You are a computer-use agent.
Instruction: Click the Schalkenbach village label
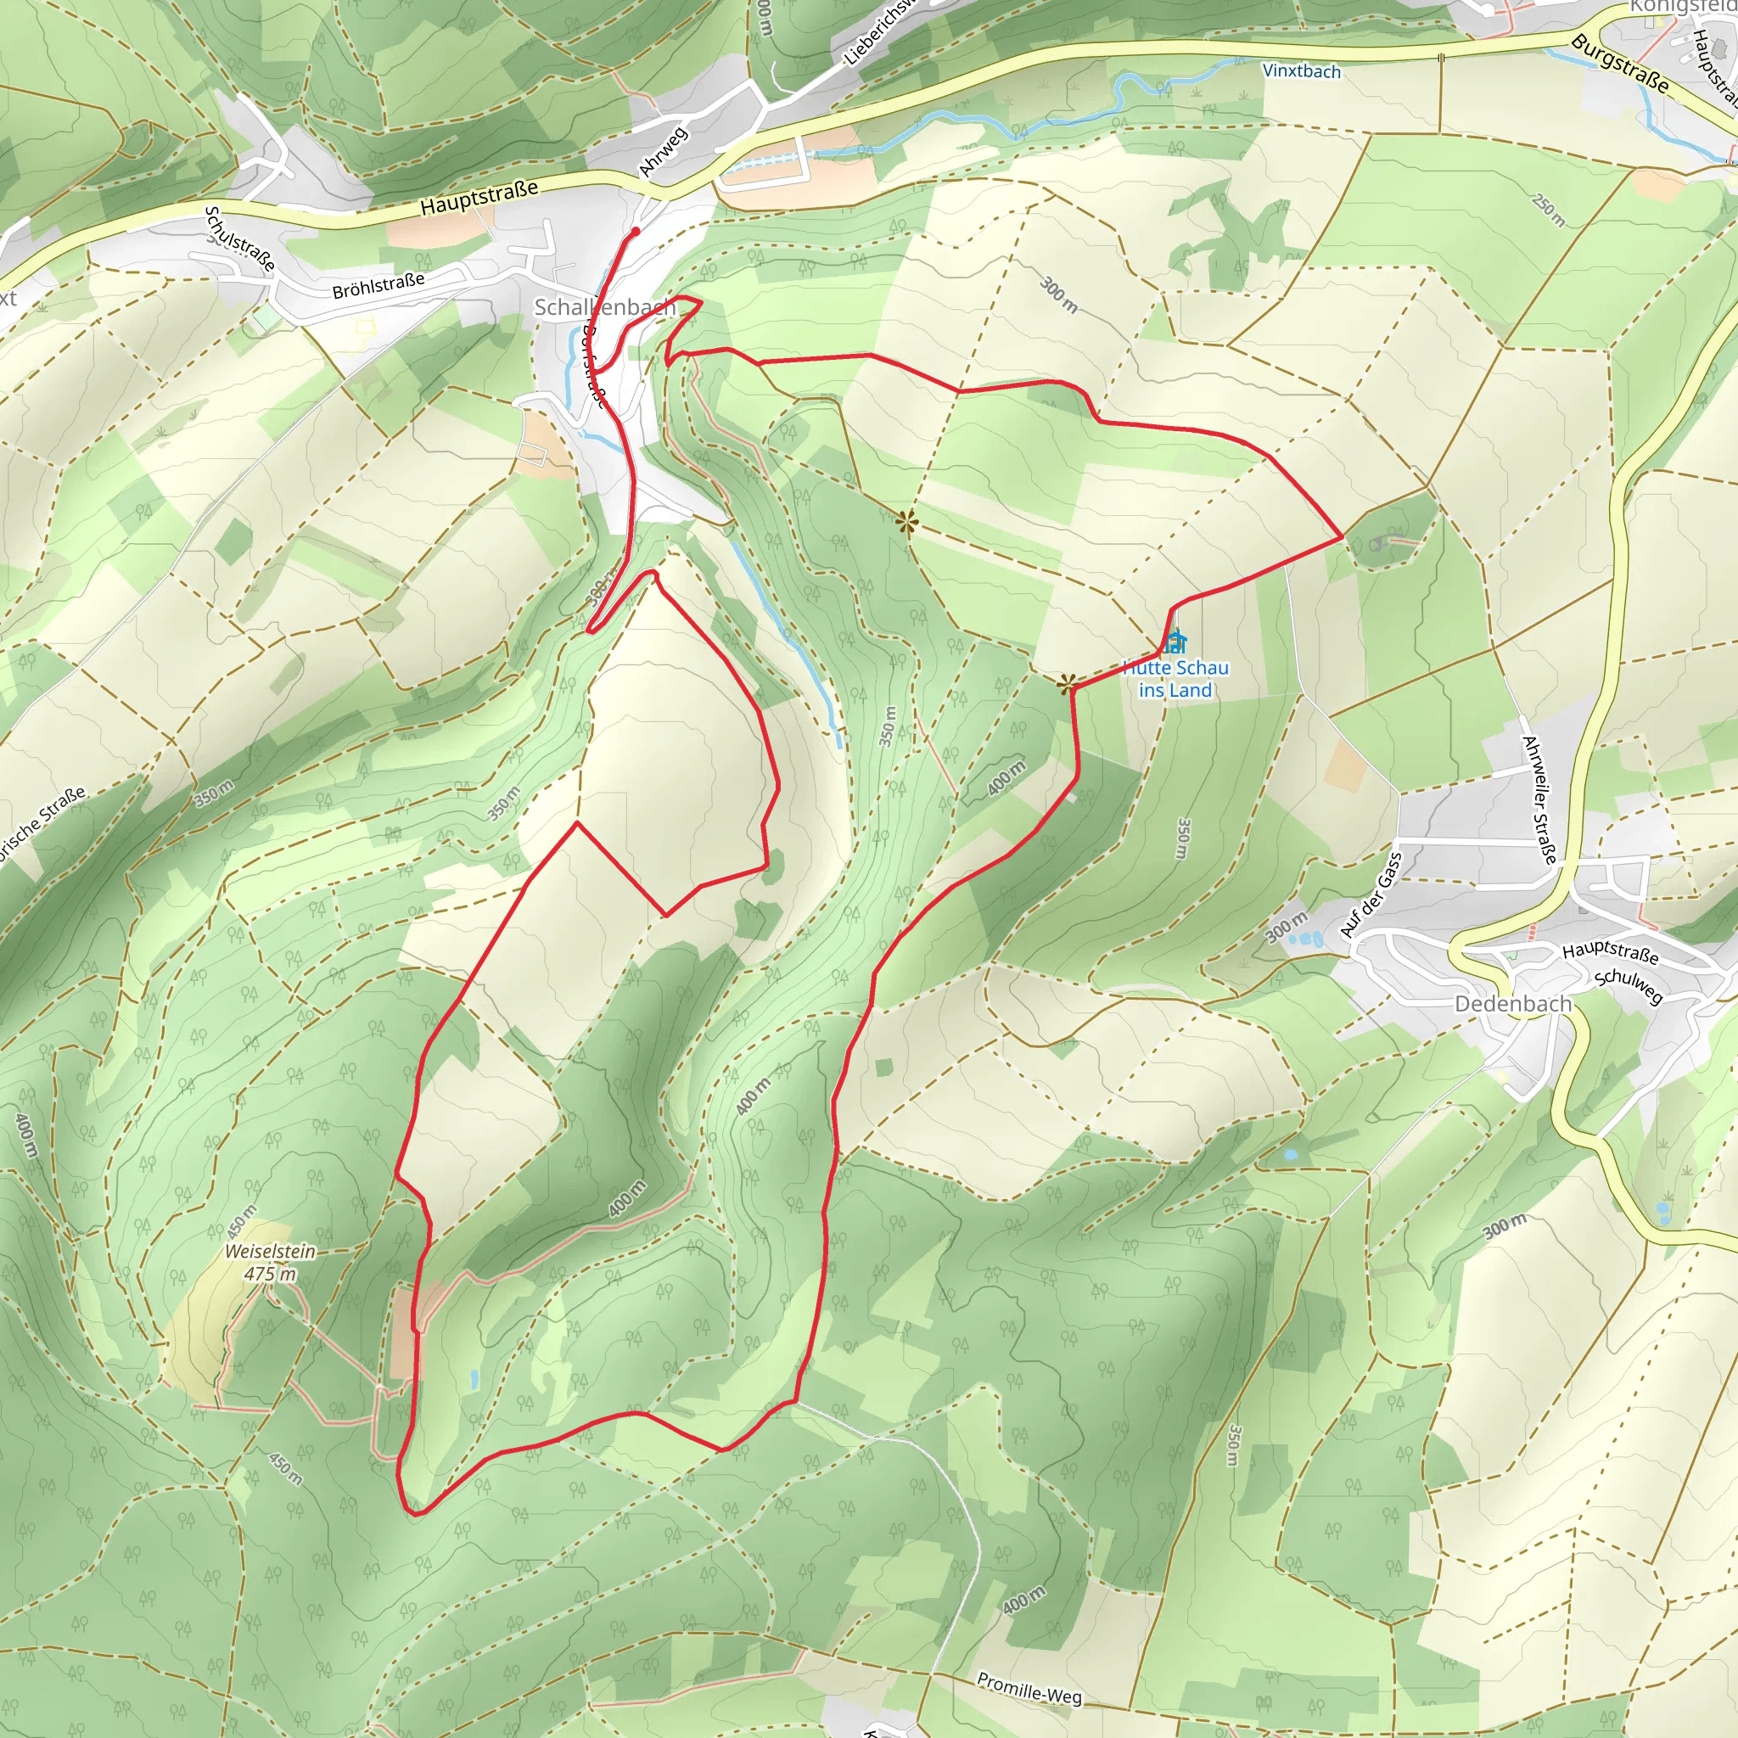[604, 308]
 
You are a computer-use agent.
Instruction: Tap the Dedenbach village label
[1513, 1004]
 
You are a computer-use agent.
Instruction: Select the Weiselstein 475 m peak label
[270, 1262]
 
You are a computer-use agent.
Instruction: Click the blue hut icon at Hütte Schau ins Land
[1175, 642]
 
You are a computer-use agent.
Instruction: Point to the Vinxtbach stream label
[1301, 71]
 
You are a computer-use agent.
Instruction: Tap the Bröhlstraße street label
[378, 286]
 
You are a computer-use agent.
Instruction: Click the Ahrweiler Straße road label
[1539, 799]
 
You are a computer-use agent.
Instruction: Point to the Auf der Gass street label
[1371, 895]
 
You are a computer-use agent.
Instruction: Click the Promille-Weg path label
[1029, 1689]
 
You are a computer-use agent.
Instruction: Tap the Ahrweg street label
[663, 151]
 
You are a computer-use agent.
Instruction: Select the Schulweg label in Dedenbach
[1629, 986]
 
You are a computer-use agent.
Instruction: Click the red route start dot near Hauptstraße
[636, 231]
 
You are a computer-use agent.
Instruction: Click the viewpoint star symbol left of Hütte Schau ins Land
[1067, 686]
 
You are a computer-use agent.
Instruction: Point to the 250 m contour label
[1548, 209]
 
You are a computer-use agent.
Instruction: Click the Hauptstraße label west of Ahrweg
[479, 197]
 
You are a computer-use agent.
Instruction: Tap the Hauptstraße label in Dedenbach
[1610, 952]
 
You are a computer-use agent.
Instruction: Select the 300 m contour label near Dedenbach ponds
[1287, 927]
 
